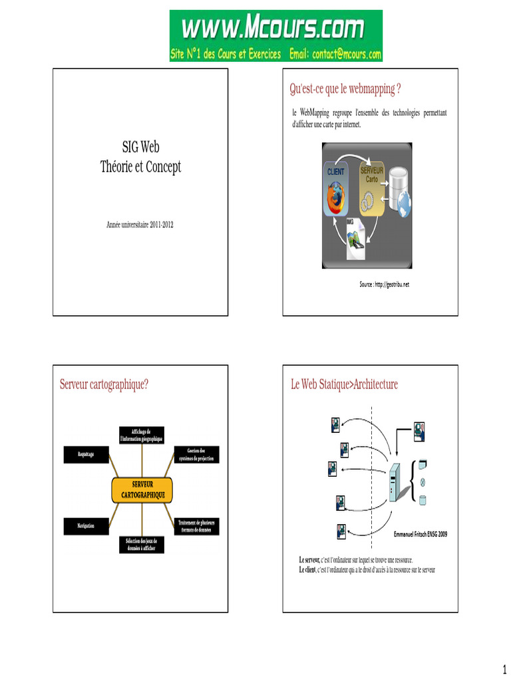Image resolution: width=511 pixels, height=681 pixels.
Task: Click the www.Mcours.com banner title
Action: tap(273, 29)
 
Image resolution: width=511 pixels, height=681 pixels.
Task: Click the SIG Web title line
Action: tap(140, 148)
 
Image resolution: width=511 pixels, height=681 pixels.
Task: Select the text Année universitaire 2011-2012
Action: tap(140, 225)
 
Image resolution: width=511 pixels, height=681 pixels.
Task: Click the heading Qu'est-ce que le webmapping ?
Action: tap(345, 88)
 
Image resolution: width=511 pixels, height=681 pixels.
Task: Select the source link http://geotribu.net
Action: tap(385, 285)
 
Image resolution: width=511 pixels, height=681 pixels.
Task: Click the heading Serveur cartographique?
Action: tap(104, 384)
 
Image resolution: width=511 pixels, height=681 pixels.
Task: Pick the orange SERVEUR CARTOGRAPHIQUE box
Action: tap(142, 490)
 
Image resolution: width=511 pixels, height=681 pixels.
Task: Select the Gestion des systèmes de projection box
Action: tap(196, 454)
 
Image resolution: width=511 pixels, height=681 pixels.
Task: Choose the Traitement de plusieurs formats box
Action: tap(196, 526)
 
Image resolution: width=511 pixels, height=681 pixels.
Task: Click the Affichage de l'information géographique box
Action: tap(141, 436)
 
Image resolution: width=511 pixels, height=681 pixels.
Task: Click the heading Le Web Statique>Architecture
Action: tap(344, 384)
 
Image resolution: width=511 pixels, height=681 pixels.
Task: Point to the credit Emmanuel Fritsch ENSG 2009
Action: tap(421, 534)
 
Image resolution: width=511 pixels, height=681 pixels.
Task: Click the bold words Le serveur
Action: tap(309, 560)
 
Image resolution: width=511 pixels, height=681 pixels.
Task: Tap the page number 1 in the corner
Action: tap(503, 668)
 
